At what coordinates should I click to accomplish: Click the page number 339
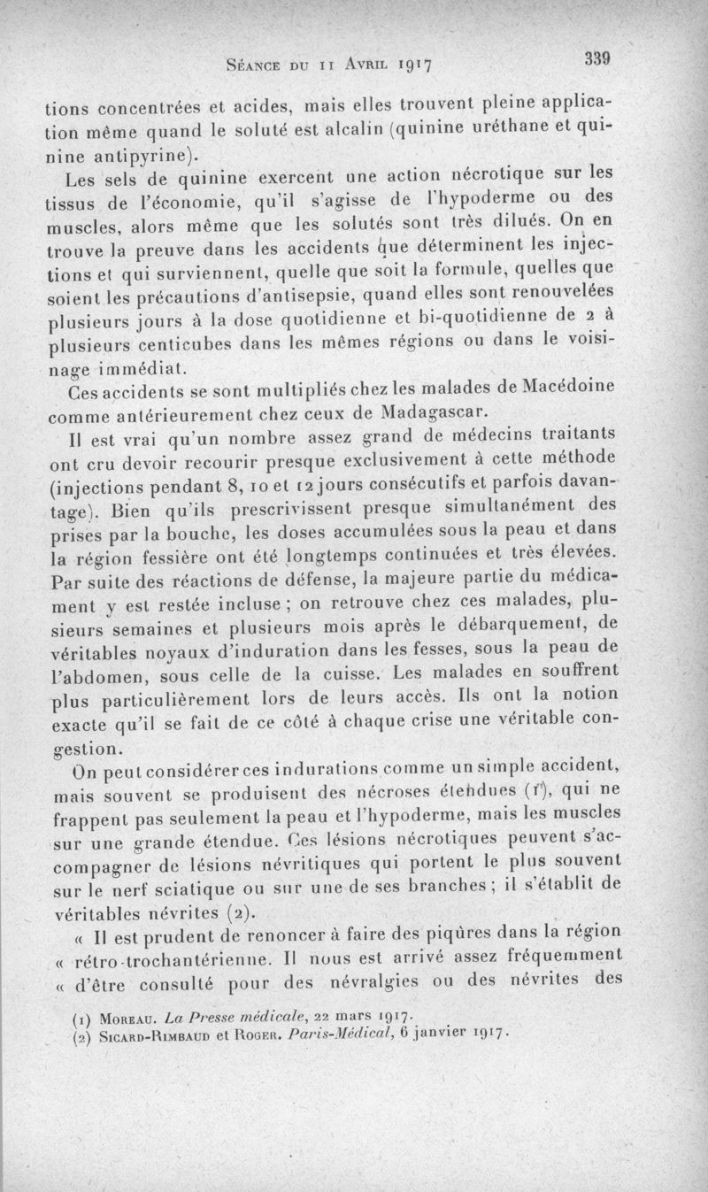tap(599, 59)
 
